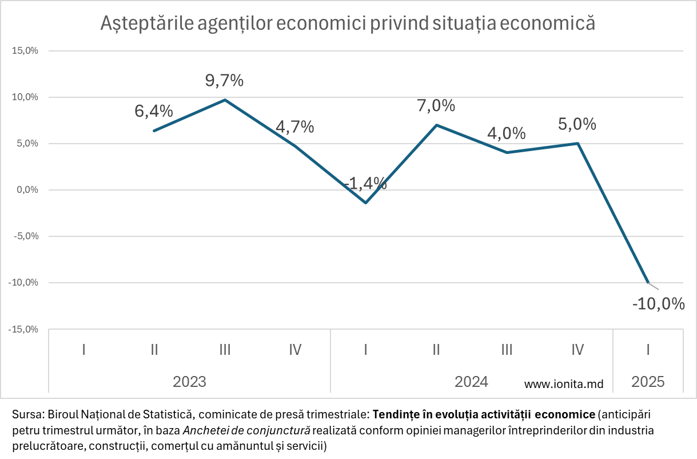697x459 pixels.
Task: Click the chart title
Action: (348, 23)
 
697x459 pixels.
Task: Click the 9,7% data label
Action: (224, 81)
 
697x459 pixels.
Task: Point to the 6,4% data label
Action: (154, 111)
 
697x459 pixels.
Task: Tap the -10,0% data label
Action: (658, 303)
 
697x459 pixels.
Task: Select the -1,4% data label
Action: (365, 183)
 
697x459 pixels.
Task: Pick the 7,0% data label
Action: (436, 106)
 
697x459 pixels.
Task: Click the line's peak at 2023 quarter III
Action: (225, 100)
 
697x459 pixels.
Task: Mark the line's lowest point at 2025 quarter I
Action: (648, 282)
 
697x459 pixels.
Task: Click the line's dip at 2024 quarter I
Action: (366, 203)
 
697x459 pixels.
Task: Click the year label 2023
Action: (189, 382)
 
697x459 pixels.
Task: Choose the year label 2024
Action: (471, 382)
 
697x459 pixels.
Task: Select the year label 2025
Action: (648, 382)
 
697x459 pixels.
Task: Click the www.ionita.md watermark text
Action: (564, 385)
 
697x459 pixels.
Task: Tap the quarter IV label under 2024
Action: (577, 349)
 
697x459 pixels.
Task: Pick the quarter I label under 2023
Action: (83, 349)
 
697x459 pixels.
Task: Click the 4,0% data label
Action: (507, 133)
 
